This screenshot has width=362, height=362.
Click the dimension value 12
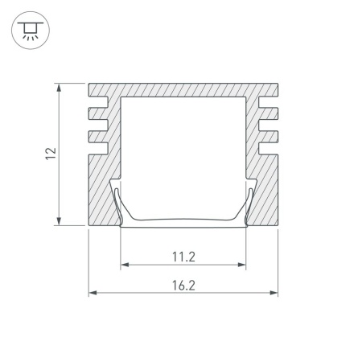(51, 154)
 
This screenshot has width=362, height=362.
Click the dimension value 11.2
(183, 257)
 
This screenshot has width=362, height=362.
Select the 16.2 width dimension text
(183, 286)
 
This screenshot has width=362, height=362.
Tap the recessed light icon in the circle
(31, 31)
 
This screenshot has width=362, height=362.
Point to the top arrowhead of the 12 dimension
(59, 88)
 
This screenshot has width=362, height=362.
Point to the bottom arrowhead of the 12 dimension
(59, 221)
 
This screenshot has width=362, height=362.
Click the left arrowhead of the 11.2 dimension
(125, 265)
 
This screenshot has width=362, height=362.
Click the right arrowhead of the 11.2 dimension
(241, 265)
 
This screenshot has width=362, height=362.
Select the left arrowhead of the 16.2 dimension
(93, 293)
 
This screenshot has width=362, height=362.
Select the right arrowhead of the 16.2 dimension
(274, 293)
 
